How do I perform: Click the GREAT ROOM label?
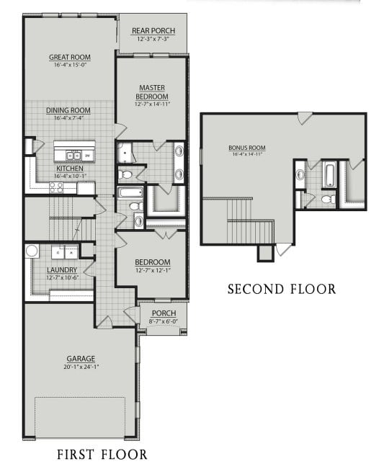[69, 57]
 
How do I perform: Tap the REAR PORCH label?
[152, 30]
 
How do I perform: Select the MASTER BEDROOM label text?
[153, 92]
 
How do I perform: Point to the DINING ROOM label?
[68, 110]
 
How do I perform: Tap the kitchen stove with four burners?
[58, 187]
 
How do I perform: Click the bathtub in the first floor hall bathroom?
[130, 192]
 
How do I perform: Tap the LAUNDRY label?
[62, 270]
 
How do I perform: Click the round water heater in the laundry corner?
[32, 251]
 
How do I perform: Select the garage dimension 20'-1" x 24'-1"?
[81, 366]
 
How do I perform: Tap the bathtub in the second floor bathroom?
[329, 174]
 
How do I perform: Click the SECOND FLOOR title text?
[281, 289]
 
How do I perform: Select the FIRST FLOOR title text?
[102, 454]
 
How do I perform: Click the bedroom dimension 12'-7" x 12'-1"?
[153, 270]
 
